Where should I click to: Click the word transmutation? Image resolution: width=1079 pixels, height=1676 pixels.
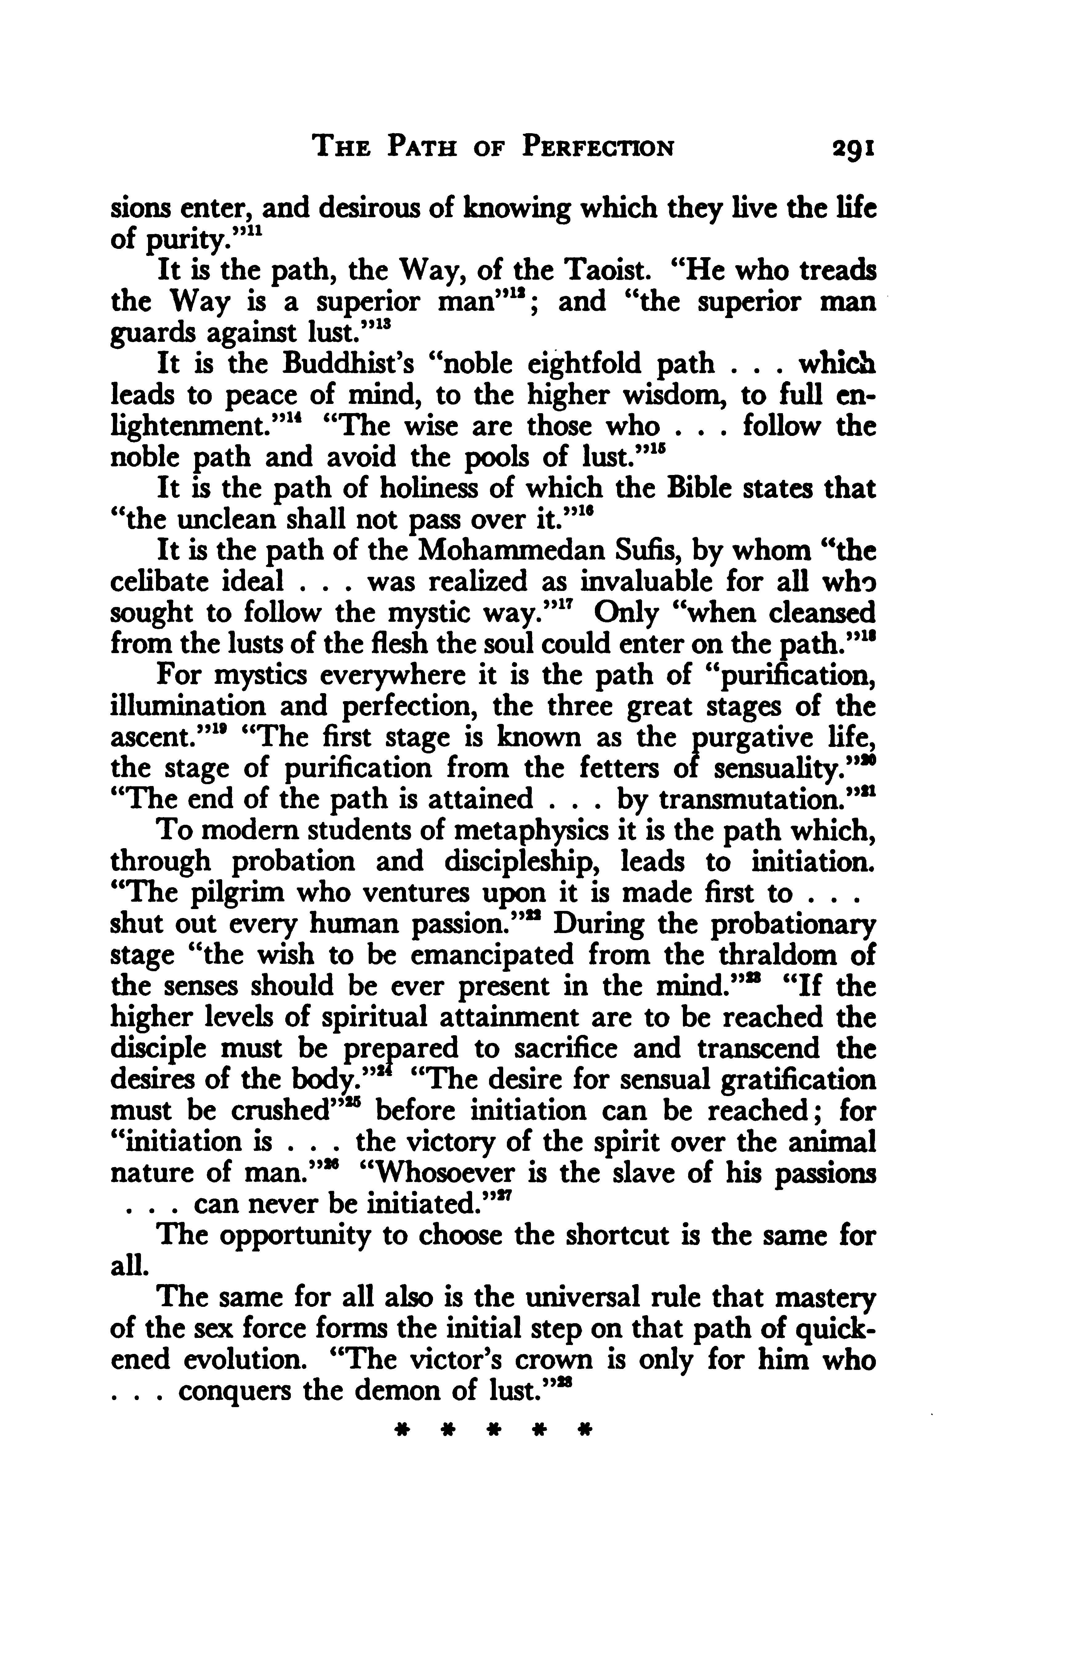(x=746, y=800)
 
